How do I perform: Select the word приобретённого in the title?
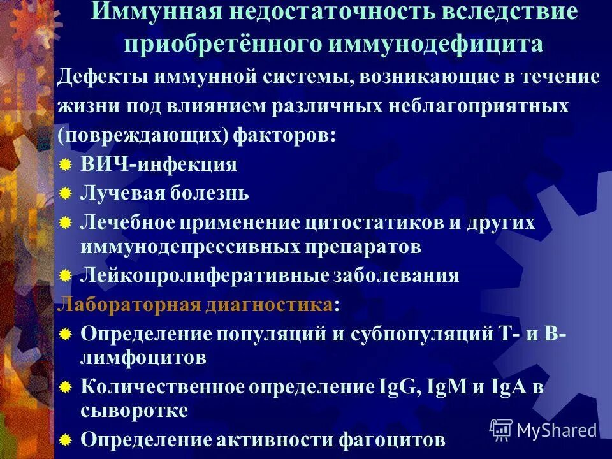pos(223,44)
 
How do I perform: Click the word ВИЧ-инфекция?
pos(159,164)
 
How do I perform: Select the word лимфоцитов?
pos(143,358)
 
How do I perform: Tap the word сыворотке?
pos(134,411)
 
